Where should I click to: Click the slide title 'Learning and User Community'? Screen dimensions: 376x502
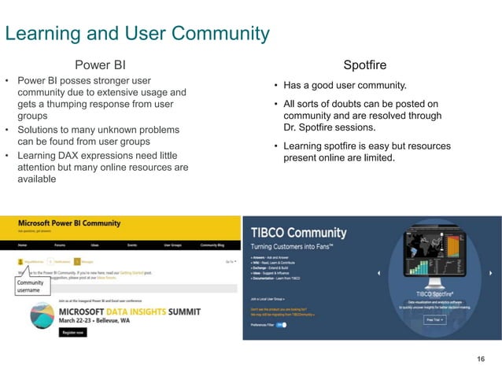click(x=137, y=33)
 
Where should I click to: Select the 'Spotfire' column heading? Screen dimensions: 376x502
click(x=364, y=65)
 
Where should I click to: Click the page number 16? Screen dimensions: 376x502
click(x=481, y=359)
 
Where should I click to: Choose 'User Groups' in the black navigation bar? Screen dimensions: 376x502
click(x=172, y=245)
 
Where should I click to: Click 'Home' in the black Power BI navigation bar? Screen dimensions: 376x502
click(x=23, y=245)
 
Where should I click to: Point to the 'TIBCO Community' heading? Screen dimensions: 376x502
click(x=298, y=233)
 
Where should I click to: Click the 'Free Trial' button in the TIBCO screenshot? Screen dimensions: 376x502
click(x=435, y=320)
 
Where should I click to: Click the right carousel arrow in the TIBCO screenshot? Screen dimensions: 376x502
click(x=493, y=273)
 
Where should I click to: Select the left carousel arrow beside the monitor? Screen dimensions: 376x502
click(x=380, y=273)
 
